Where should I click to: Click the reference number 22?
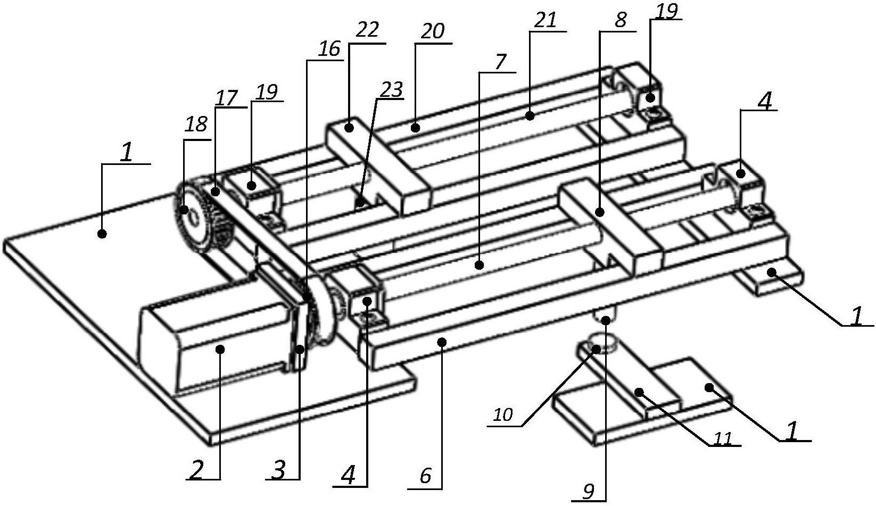(x=367, y=30)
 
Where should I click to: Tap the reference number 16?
(x=329, y=49)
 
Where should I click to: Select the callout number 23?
(x=392, y=89)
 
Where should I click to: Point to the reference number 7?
(x=500, y=62)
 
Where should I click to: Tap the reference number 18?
(x=196, y=125)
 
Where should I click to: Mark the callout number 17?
(x=227, y=98)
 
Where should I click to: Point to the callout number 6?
(x=425, y=476)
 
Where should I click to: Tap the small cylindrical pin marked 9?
(x=605, y=313)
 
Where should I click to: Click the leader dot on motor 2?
(x=220, y=349)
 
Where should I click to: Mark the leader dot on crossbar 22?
(x=349, y=127)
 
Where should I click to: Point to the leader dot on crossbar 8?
(x=600, y=212)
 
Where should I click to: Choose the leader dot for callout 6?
(x=442, y=342)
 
